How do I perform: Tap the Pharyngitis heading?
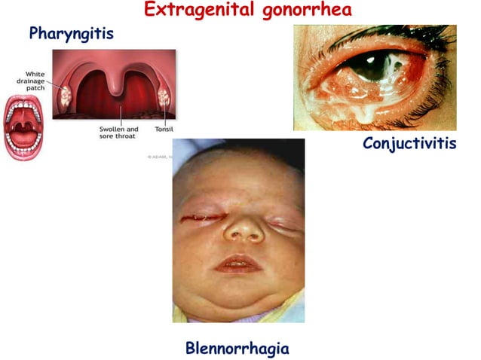71,34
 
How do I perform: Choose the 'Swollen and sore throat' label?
119,133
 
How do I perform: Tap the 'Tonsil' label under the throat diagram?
164,129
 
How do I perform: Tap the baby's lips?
239,264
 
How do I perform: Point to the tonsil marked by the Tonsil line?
165,96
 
